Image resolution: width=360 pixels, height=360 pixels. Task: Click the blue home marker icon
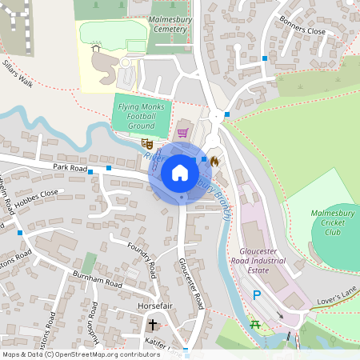click(179, 173)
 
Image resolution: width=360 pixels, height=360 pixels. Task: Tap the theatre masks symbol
click(147, 144)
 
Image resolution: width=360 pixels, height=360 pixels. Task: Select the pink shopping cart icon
click(182, 133)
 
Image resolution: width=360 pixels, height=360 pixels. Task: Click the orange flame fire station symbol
click(214, 160)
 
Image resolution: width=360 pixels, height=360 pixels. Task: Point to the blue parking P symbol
click(257, 295)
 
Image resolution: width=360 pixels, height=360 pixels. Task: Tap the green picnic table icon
click(256, 323)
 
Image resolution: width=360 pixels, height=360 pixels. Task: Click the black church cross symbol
click(153, 325)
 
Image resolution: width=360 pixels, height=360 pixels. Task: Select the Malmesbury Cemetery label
click(168, 23)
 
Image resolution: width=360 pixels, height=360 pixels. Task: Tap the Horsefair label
click(154, 306)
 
